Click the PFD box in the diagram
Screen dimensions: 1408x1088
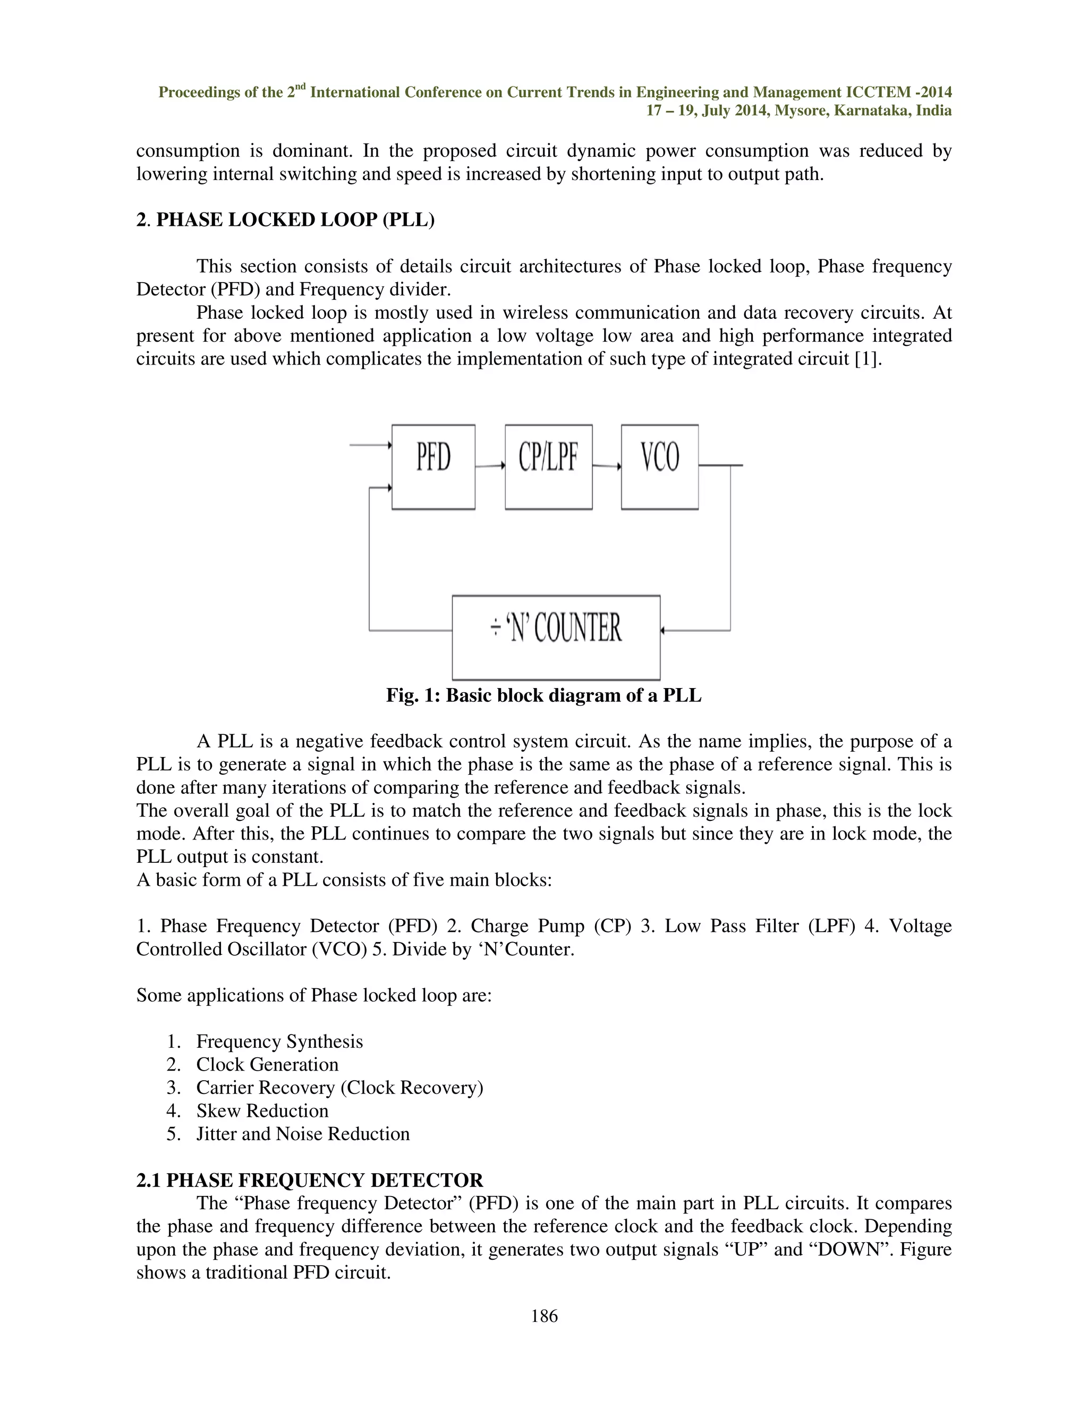point(433,466)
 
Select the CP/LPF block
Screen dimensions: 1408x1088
point(548,466)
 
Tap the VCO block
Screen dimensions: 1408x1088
point(659,466)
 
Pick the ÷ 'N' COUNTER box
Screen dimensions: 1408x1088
point(556,637)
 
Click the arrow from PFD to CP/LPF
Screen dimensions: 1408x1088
point(490,465)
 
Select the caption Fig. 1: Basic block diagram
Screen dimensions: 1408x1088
point(543,695)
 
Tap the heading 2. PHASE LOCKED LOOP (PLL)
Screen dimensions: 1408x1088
point(285,220)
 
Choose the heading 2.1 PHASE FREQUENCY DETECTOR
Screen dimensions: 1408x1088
point(309,1181)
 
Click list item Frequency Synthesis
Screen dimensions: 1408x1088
point(279,1041)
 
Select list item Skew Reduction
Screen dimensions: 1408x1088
point(262,1111)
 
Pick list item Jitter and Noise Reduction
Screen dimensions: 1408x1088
point(303,1134)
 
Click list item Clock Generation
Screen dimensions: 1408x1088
point(267,1064)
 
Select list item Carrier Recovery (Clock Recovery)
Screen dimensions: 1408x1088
point(339,1088)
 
